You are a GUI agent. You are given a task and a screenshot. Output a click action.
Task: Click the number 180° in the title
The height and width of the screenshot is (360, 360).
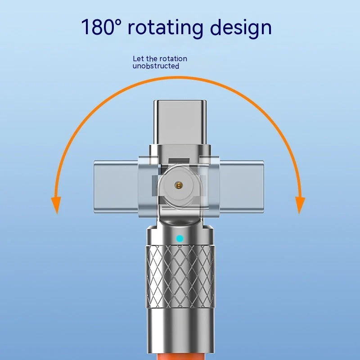tap(101, 27)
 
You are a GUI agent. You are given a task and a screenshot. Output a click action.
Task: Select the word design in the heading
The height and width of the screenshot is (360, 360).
tap(241, 28)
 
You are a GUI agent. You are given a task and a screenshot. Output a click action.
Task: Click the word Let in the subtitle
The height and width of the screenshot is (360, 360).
tap(139, 58)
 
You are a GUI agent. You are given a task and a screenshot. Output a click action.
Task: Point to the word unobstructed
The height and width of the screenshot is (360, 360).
tap(156, 66)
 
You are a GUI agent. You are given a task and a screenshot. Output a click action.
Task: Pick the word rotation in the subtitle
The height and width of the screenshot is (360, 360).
tap(173, 58)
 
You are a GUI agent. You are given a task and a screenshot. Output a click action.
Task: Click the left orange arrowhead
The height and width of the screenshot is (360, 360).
tap(56, 205)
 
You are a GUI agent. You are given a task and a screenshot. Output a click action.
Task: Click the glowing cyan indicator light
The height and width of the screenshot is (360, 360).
tap(180, 239)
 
